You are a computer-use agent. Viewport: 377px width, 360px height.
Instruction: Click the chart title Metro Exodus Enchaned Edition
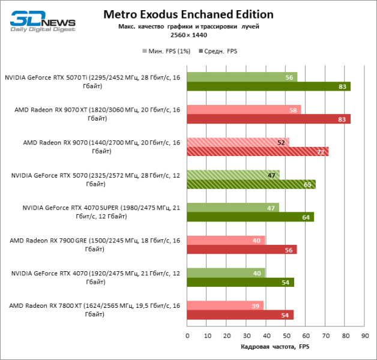click(x=188, y=14)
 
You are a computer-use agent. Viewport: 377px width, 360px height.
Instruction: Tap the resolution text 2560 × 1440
click(x=188, y=36)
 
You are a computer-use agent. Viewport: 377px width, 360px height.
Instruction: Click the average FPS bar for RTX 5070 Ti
click(x=268, y=86)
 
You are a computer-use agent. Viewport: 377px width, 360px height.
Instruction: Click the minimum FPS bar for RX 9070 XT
click(x=244, y=110)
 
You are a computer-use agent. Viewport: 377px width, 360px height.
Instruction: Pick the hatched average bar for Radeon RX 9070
click(x=258, y=152)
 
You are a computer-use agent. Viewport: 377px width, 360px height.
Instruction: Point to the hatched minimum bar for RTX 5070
click(x=233, y=175)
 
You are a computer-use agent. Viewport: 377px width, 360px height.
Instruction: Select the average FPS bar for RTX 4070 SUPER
click(x=250, y=217)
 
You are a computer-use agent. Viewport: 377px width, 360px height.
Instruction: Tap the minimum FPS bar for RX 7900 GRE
click(x=226, y=241)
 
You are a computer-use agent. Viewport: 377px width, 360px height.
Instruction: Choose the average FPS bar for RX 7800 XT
click(x=240, y=314)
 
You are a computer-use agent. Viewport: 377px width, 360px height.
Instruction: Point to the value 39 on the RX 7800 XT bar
click(x=256, y=305)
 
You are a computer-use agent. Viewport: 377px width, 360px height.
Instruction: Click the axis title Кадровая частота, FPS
click(x=275, y=347)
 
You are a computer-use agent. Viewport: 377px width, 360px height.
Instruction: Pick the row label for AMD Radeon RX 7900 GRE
click(x=94, y=244)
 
